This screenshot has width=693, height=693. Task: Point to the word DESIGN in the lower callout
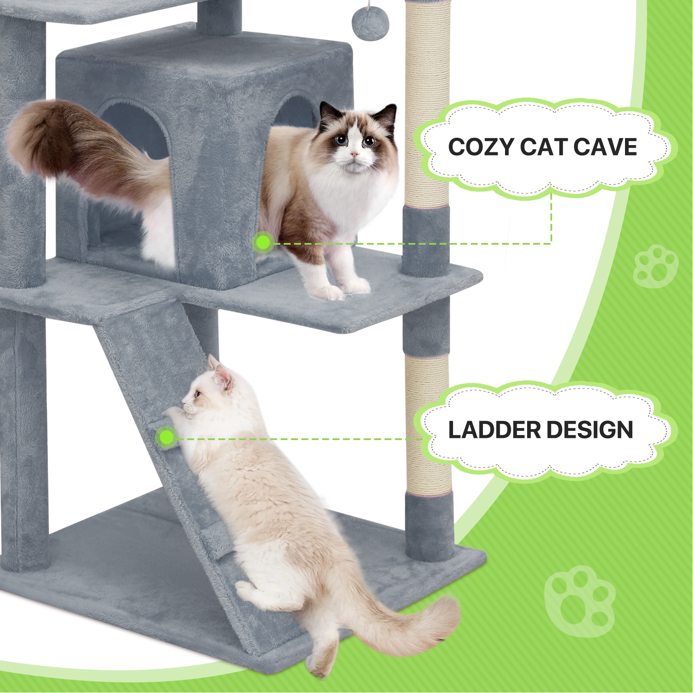click(590, 430)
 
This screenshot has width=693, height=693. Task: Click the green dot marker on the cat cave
click(263, 243)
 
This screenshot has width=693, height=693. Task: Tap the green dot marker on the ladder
click(166, 437)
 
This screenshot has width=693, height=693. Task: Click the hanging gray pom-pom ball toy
click(370, 24)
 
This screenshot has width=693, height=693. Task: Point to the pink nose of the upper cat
click(354, 154)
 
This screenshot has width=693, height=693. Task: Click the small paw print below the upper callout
click(655, 266)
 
